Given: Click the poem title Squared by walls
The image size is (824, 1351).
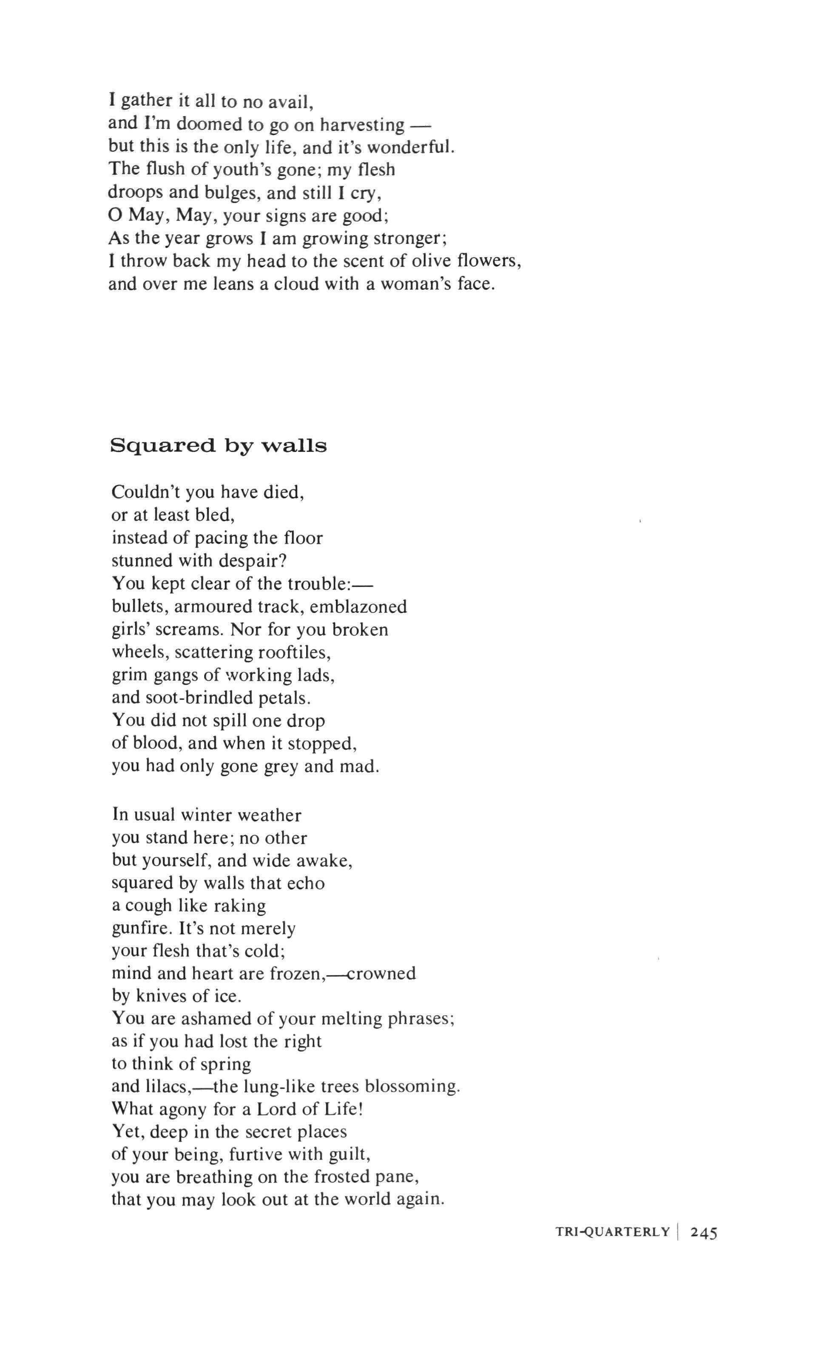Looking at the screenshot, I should coord(219,446).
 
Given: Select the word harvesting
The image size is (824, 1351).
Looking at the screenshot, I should coord(362,125).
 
